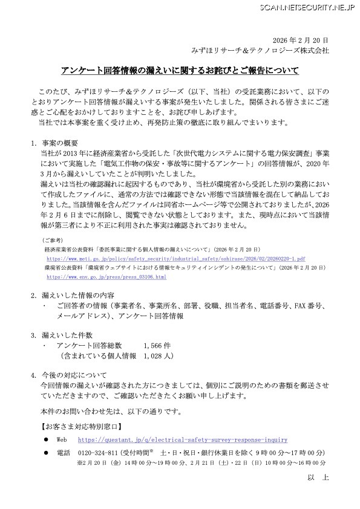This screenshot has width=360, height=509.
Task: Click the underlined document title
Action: pos(180,71)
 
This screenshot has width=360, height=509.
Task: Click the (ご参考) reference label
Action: pos(49,239)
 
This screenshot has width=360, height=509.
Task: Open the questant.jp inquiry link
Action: pos(183,440)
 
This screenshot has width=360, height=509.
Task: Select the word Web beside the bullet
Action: pos(61,440)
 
